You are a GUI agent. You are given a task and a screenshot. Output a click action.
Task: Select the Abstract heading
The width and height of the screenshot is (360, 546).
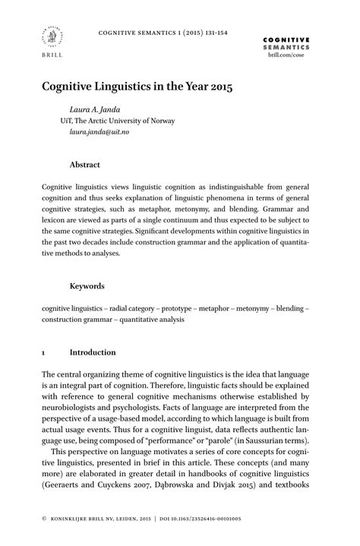(85, 164)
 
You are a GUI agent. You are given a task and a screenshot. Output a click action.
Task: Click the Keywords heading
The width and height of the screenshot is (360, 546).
(87, 286)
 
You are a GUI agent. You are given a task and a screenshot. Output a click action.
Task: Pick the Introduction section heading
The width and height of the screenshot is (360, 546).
(93, 352)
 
